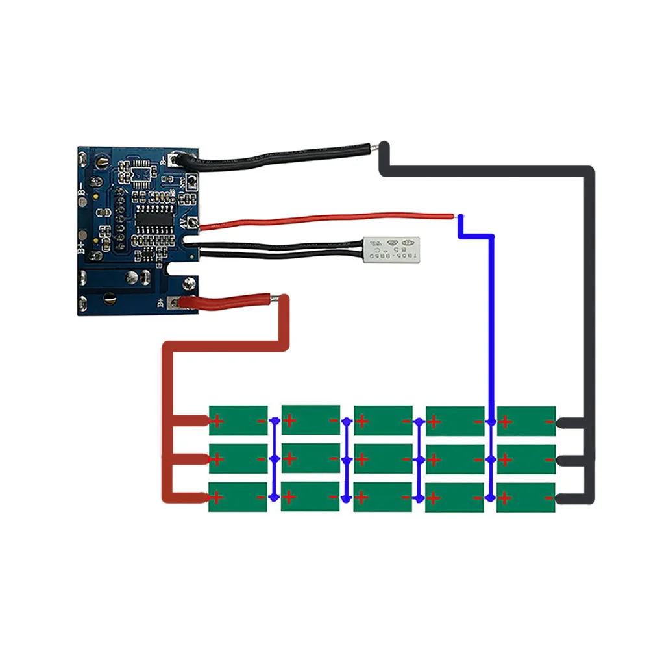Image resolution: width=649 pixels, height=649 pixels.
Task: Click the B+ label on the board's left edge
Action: coord(82,247)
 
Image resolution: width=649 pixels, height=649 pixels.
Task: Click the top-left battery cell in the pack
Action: coord(238,421)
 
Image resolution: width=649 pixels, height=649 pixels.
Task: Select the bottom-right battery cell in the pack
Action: coord(526,496)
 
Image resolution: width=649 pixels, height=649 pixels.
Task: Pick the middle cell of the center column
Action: coord(383,459)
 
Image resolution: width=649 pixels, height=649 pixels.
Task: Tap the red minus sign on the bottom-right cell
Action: coord(549,498)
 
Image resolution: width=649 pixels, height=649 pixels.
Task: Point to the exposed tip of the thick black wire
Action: coord(375,147)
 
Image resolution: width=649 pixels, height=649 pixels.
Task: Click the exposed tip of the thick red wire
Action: coord(278,298)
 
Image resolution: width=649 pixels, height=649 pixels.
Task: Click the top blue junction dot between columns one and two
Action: coord(274,421)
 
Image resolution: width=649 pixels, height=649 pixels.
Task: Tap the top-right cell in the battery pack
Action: coord(526,421)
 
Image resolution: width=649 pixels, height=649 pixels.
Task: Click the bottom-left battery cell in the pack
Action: coord(238,496)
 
